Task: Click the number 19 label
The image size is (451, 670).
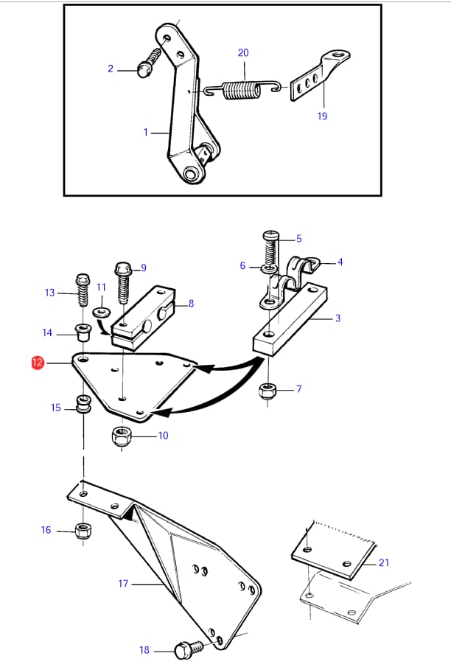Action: click(x=322, y=116)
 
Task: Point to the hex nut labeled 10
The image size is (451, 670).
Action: click(x=122, y=436)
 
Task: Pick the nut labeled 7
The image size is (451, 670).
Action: click(x=269, y=391)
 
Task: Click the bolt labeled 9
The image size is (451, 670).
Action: click(x=122, y=280)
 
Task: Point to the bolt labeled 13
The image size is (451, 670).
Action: click(x=82, y=293)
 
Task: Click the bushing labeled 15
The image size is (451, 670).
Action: click(x=83, y=405)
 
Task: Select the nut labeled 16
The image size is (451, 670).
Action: click(x=83, y=530)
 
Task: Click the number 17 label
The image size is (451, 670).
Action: click(x=123, y=584)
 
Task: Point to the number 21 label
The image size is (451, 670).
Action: click(x=383, y=562)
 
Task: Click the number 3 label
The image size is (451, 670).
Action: click(x=338, y=318)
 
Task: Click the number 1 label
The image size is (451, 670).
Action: click(x=146, y=132)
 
